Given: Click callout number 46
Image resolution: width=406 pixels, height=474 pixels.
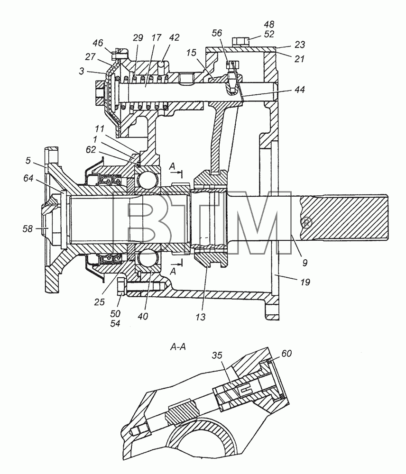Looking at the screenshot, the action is [98, 43].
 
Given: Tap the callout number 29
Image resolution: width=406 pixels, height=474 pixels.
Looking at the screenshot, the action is [138, 38].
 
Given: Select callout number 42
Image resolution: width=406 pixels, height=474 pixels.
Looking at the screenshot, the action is [174, 37].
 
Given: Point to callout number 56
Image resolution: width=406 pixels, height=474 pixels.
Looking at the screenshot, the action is [217, 33].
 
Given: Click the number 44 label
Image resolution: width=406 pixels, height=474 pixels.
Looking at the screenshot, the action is [299, 90].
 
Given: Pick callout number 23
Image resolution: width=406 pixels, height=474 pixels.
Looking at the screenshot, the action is [299, 45].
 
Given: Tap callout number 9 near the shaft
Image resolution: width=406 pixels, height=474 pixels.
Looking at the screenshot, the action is [304, 263].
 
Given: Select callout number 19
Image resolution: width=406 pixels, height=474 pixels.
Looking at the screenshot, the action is [305, 282].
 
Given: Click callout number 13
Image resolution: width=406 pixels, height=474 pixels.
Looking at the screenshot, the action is [200, 317].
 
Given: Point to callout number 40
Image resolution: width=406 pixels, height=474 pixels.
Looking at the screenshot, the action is [143, 316].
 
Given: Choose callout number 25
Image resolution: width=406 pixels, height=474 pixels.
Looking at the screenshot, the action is [99, 301].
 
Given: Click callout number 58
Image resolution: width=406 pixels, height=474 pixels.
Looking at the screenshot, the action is [28, 229].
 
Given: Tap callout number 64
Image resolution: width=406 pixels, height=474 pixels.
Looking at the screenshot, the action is [28, 179].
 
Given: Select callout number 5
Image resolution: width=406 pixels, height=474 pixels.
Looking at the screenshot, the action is [28, 161].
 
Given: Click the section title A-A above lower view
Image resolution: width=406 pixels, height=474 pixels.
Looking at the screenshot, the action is [178, 347].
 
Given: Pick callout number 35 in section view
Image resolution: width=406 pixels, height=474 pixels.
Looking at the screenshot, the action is [217, 355].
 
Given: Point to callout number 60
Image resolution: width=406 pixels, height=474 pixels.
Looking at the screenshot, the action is [286, 354].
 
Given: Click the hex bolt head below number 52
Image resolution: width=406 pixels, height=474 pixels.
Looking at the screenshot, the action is [241, 41].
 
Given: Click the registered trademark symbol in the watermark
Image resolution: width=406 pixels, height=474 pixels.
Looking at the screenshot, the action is [307, 224].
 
